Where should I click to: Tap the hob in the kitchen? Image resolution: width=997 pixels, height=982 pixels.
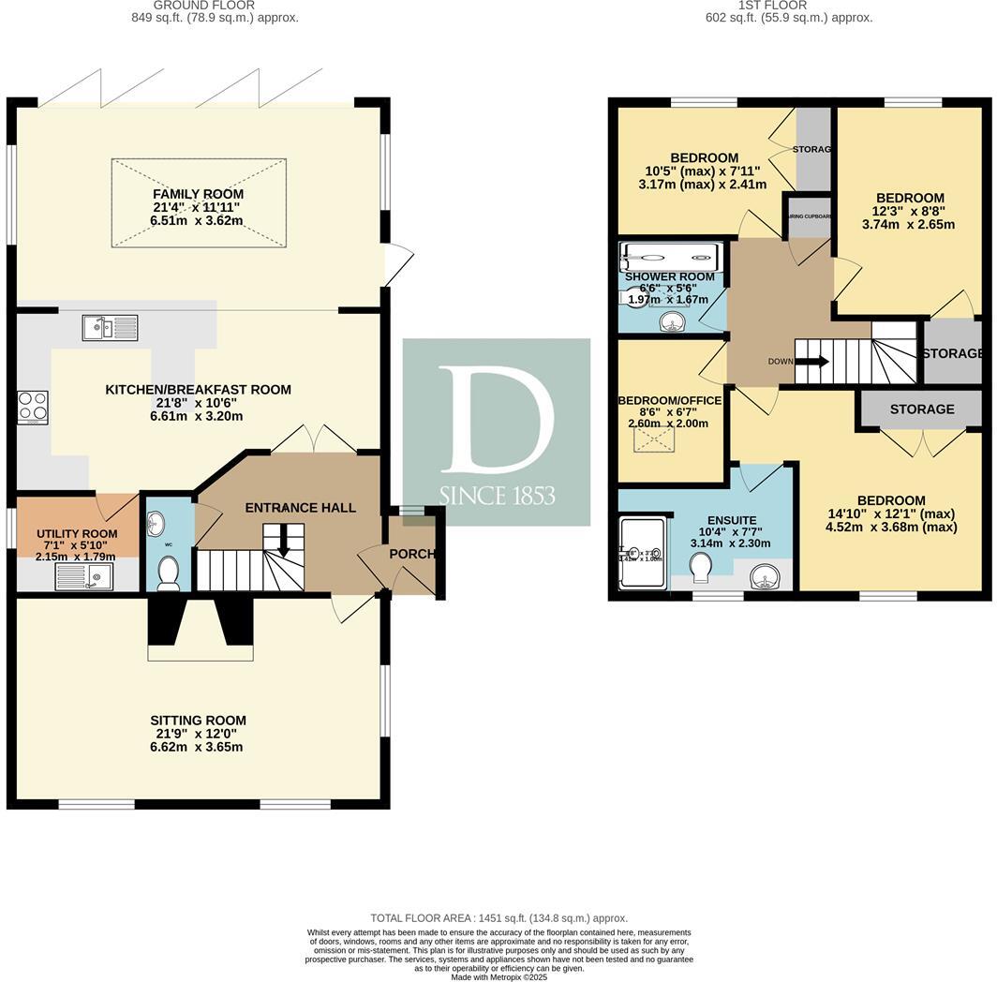[33, 408]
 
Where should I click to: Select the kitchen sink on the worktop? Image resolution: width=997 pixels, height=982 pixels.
[110, 327]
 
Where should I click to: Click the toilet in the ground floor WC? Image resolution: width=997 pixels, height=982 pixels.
[169, 573]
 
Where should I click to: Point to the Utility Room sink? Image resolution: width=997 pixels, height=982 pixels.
[84, 574]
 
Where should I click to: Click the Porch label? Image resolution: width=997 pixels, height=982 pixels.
[412, 554]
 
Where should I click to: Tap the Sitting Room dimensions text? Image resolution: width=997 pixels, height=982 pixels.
[198, 747]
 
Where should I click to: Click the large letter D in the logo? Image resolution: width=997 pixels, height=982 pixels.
[496, 419]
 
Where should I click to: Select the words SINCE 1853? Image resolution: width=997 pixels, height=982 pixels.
[497, 495]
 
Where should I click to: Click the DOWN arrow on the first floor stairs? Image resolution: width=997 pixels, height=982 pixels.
[811, 362]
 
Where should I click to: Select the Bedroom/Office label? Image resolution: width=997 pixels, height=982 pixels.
[669, 400]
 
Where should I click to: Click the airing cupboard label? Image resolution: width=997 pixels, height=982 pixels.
[810, 216]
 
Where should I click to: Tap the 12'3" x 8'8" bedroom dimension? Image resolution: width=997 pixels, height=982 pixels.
[910, 224]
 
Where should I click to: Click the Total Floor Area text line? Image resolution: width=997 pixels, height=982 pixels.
[498, 918]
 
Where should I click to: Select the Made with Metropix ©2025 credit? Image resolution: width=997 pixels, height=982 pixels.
[498, 976]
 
